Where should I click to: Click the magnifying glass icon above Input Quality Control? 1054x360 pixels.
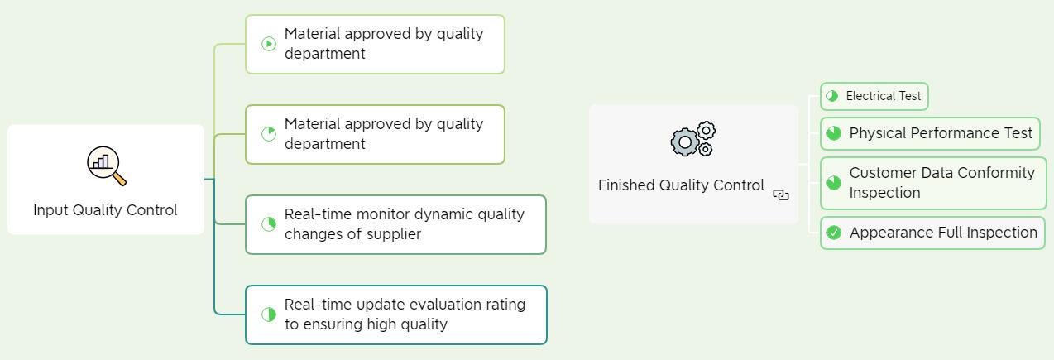(107, 166)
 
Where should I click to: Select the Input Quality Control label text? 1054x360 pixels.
(105, 210)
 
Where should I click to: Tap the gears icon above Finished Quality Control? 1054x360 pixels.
(693, 139)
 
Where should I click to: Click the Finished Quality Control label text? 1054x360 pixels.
(681, 185)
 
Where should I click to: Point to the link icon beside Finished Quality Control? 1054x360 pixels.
(781, 194)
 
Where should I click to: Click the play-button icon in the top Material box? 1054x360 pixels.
(269, 44)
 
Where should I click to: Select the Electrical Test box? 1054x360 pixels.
(874, 97)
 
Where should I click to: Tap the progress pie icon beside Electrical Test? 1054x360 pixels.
(832, 96)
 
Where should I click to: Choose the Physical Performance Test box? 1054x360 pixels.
(930, 133)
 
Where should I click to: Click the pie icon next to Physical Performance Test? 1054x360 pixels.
(834, 133)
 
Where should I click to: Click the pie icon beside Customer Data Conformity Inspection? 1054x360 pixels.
(834, 183)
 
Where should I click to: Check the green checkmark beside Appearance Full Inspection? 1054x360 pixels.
(834, 233)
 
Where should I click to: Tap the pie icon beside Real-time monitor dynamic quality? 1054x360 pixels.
(269, 224)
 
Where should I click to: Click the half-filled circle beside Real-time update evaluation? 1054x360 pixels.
(269, 314)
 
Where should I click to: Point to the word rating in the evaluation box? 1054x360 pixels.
(505, 305)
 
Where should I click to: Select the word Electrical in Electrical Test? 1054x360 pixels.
(870, 96)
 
